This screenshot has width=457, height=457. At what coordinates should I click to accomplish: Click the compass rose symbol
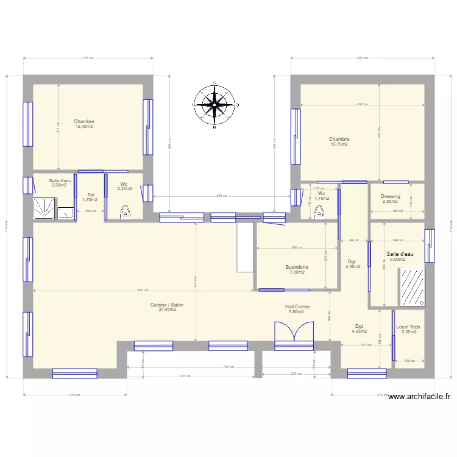(214, 105)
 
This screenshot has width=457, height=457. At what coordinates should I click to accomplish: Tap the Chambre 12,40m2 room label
(84, 124)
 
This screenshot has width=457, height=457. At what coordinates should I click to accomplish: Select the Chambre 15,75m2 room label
(339, 142)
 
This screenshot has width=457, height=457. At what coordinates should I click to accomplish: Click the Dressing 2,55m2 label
(390, 199)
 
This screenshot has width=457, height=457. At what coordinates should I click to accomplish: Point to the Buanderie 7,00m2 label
(297, 269)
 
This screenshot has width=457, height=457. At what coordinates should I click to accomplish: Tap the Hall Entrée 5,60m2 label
(297, 310)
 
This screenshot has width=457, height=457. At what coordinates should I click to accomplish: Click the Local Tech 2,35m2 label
(408, 330)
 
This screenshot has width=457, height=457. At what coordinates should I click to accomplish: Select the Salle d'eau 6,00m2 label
(400, 257)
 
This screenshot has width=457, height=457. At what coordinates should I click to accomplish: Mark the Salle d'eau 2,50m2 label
(60, 183)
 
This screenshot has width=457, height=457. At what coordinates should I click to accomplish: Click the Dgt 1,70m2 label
(90, 197)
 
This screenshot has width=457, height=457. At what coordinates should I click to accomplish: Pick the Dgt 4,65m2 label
(359, 329)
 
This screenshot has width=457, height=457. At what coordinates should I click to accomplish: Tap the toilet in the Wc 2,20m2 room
(126, 211)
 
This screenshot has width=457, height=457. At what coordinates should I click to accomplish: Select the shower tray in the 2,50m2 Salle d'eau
(44, 208)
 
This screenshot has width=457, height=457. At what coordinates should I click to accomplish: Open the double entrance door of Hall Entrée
(294, 335)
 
